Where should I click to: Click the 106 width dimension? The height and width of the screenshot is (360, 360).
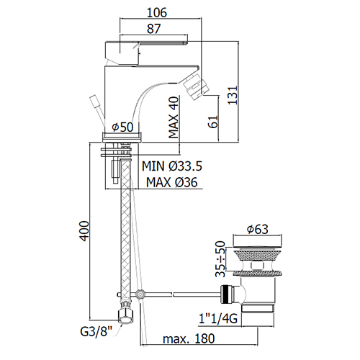pyautogui.click(x=157, y=12)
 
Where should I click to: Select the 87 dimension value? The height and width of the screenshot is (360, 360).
pyautogui.click(x=153, y=29)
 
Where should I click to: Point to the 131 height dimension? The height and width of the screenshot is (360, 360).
pyautogui.click(x=233, y=95)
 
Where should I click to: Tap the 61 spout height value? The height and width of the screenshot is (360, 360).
pyautogui.click(x=212, y=122)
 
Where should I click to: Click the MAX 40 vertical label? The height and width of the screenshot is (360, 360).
pyautogui.click(x=174, y=117)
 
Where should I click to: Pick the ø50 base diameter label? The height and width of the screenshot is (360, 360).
pyautogui.click(x=122, y=127)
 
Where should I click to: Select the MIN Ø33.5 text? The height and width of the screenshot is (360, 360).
pyautogui.click(x=172, y=166)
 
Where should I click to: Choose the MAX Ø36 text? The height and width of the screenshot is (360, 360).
pyautogui.click(x=172, y=182)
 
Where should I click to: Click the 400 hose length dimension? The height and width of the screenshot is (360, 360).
pyautogui.click(x=84, y=231)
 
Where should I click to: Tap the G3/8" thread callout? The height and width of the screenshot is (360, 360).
pyautogui.click(x=96, y=332)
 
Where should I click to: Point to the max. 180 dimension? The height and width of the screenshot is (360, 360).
pyautogui.click(x=189, y=339)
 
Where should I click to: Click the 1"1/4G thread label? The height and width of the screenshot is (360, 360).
pyautogui.click(x=218, y=319)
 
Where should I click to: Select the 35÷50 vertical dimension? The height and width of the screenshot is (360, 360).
pyautogui.click(x=220, y=259)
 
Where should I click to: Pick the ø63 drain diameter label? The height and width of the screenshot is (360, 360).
pyautogui.click(x=258, y=229)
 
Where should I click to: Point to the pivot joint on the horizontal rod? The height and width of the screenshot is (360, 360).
pyautogui.click(x=140, y=294)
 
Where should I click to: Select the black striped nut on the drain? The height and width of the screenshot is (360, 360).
pyautogui.click(x=227, y=294)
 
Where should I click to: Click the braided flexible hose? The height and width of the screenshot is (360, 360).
pyautogui.click(x=125, y=230)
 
